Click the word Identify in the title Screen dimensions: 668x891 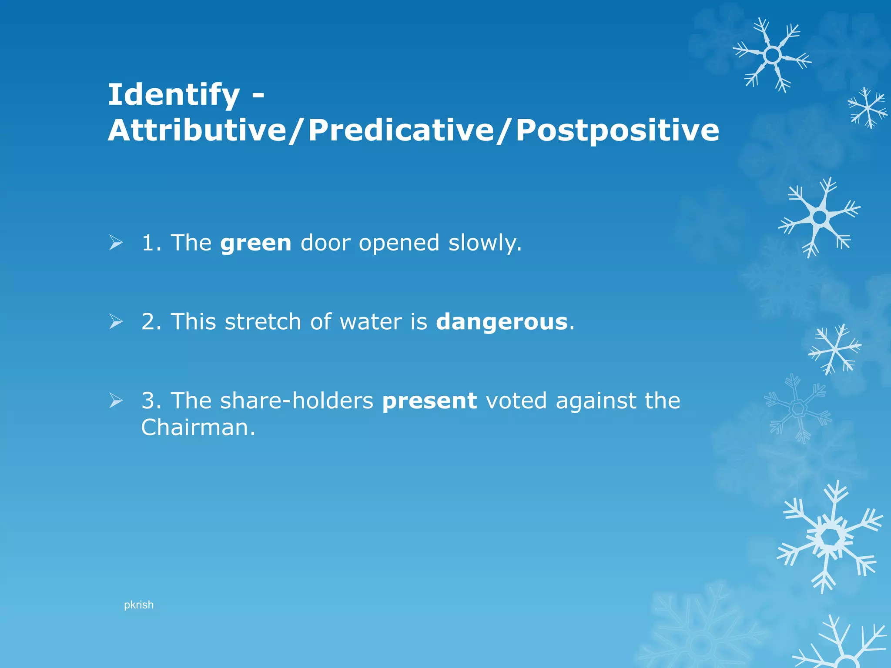[x=174, y=95]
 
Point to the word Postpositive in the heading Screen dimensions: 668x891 [x=617, y=130]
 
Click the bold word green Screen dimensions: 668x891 [x=255, y=243]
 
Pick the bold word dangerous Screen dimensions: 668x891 [x=502, y=322]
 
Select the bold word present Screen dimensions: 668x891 [x=429, y=401]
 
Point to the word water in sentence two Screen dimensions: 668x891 [x=371, y=322]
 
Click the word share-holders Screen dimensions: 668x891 [x=296, y=401]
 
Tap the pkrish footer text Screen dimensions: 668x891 [x=138, y=605]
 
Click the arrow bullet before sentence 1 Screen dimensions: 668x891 [x=116, y=243]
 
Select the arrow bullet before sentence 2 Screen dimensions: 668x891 [x=116, y=322]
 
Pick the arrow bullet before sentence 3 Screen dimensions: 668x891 [x=116, y=401]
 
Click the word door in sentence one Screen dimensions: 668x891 [x=325, y=243]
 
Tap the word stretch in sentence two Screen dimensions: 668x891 [x=263, y=322]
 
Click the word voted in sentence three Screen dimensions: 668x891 [x=516, y=401]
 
